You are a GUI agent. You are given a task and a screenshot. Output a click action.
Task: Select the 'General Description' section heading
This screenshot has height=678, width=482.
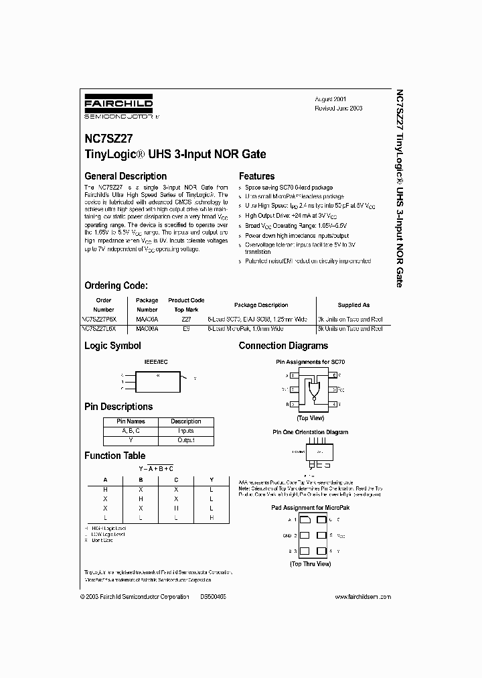coord(125,176)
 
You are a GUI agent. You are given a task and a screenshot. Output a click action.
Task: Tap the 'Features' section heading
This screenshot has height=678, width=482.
coord(257,176)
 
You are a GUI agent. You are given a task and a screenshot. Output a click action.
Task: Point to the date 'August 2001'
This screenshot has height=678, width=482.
coord(331,98)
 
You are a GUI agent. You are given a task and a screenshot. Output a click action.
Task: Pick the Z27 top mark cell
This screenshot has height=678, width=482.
coord(186,320)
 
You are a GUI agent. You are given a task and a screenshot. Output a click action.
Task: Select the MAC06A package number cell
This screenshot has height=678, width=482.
coord(147,329)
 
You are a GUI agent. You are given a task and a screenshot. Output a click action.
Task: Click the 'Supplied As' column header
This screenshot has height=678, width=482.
coord(354,305)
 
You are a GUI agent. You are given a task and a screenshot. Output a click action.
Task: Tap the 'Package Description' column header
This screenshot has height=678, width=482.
coord(261,305)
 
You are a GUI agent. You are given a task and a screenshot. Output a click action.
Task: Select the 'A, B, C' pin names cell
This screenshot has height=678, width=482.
coord(128,431)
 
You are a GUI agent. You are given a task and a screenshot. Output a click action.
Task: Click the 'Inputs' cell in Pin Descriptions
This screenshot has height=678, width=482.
coord(186,431)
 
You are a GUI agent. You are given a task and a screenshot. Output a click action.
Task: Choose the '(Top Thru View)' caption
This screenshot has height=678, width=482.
coord(310,563)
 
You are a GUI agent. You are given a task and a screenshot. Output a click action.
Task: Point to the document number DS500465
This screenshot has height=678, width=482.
coord(213,596)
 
